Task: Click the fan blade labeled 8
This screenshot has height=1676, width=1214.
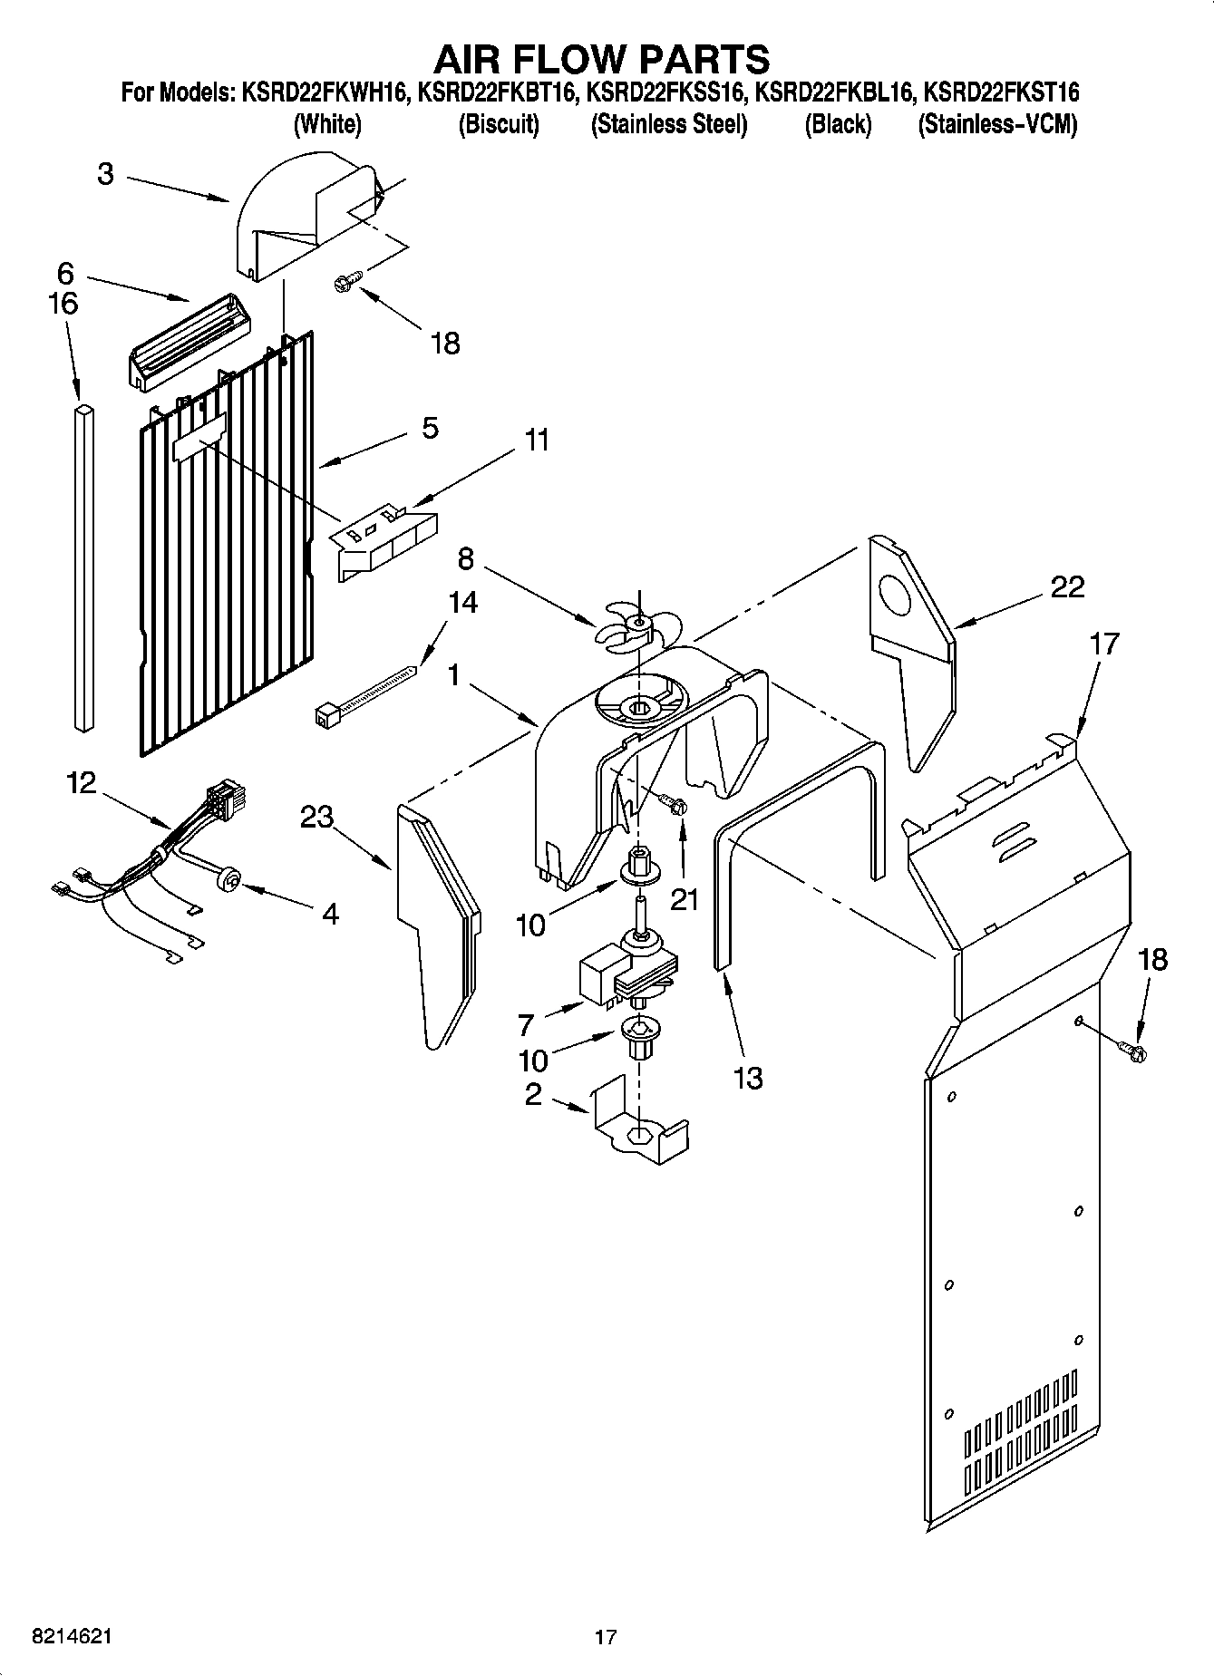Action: coord(636,627)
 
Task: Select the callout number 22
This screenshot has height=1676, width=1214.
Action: coord(1067,587)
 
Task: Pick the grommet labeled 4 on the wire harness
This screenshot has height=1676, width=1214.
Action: coord(229,877)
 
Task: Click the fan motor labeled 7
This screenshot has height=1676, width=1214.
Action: coord(626,975)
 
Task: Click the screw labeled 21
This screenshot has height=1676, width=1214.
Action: coord(675,803)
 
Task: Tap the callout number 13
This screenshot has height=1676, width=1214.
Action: coord(748,1078)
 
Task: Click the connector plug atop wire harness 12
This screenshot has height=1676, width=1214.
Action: coord(223,799)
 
